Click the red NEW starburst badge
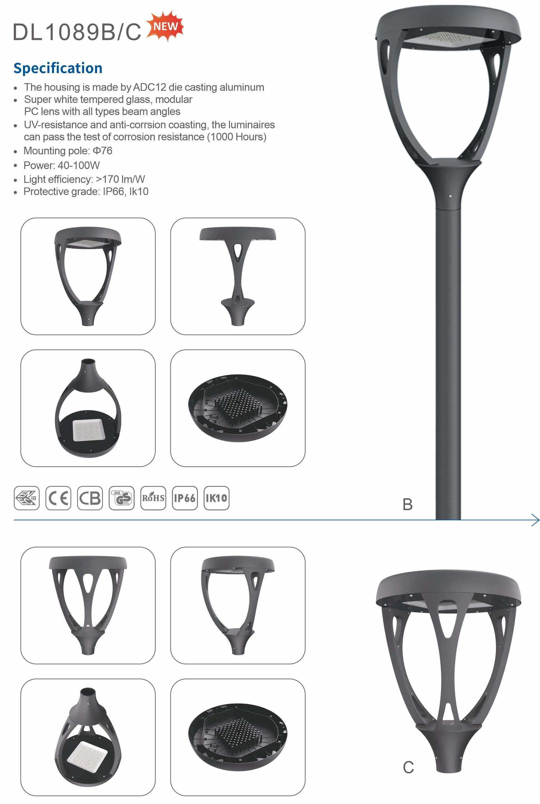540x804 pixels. tap(165, 26)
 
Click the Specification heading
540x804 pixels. tap(58, 68)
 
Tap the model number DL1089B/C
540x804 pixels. tap(77, 32)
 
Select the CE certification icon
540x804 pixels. tap(58, 498)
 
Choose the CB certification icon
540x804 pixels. tap(90, 498)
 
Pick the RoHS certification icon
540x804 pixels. tap(153, 498)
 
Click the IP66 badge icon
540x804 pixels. tap(185, 498)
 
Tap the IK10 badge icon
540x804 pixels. tap(217, 498)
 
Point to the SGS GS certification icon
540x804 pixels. tap(121, 498)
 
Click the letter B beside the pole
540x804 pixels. tap(408, 505)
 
